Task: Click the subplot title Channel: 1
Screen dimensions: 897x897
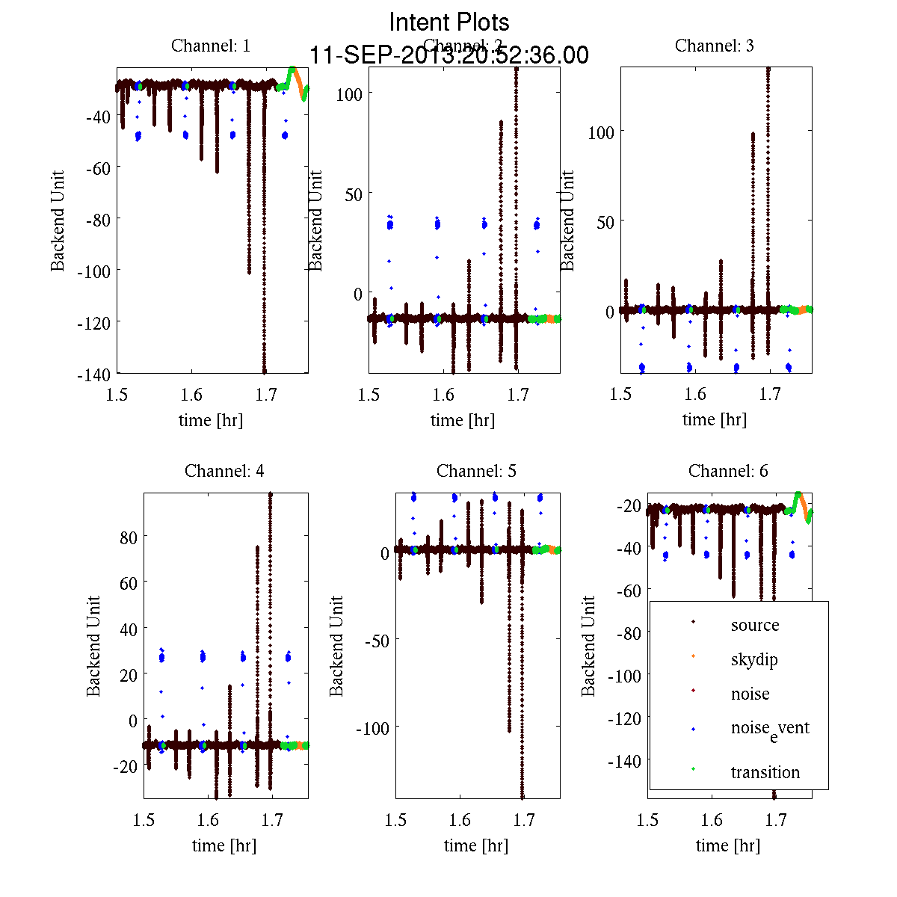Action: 211,46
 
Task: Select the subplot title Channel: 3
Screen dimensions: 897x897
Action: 714,46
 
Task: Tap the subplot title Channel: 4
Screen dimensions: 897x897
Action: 224,471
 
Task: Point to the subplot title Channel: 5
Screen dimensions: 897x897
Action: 476,471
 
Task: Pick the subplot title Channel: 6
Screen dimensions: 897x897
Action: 728,471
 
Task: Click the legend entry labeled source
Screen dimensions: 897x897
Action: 755,625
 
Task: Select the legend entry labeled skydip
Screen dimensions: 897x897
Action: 754,659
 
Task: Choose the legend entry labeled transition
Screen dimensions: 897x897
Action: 765,772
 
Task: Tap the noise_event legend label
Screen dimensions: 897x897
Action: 770,729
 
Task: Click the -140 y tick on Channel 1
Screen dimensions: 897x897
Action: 93,374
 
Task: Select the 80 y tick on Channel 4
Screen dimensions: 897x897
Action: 129,537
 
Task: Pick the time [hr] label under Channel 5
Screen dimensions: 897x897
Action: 476,845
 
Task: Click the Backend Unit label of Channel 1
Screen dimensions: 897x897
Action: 58,221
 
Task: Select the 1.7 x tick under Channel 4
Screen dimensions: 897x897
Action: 273,820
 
